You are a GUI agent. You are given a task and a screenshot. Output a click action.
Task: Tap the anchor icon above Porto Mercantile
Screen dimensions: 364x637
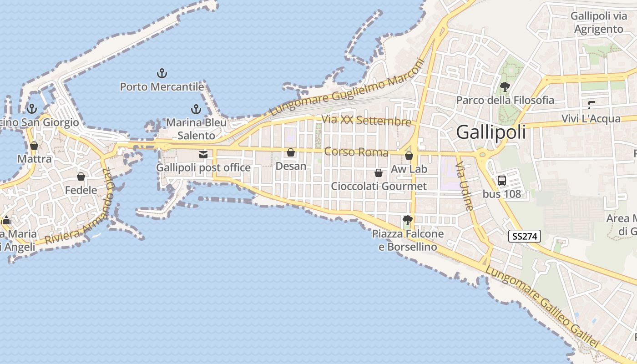pos(162,73)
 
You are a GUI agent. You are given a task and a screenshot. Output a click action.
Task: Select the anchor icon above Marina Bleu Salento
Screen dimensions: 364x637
pos(196,109)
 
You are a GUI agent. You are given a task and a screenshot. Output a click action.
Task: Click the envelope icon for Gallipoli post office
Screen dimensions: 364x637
pos(203,155)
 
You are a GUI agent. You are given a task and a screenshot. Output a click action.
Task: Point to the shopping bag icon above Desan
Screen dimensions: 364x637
pos(291,153)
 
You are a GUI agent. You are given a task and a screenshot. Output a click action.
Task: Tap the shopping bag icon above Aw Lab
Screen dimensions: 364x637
pos(409,156)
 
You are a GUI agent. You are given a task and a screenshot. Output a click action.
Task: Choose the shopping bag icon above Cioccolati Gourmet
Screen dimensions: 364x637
pos(378,173)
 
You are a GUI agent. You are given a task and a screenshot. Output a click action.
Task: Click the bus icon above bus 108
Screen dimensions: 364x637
pos(502,180)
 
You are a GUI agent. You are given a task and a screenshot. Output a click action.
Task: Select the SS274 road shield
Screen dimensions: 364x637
pos(525,236)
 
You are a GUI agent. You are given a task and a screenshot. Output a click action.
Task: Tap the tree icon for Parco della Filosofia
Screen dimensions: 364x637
pos(505,86)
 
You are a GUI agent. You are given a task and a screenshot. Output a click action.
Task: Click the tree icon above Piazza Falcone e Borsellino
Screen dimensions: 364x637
pos(407,221)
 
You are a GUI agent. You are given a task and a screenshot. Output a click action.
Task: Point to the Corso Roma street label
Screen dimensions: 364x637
pos(356,152)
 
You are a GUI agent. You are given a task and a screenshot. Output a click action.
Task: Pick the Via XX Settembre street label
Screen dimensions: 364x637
pos(366,121)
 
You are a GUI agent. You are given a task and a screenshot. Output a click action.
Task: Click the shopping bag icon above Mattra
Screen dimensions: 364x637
pos(34,146)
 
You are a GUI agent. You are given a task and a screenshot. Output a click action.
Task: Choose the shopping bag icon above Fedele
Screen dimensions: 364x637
pos(81,177)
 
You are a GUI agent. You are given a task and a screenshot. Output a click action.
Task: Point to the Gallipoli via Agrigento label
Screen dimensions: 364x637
pos(598,23)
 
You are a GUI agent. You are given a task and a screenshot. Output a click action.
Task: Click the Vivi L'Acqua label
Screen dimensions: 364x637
pos(591,119)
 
